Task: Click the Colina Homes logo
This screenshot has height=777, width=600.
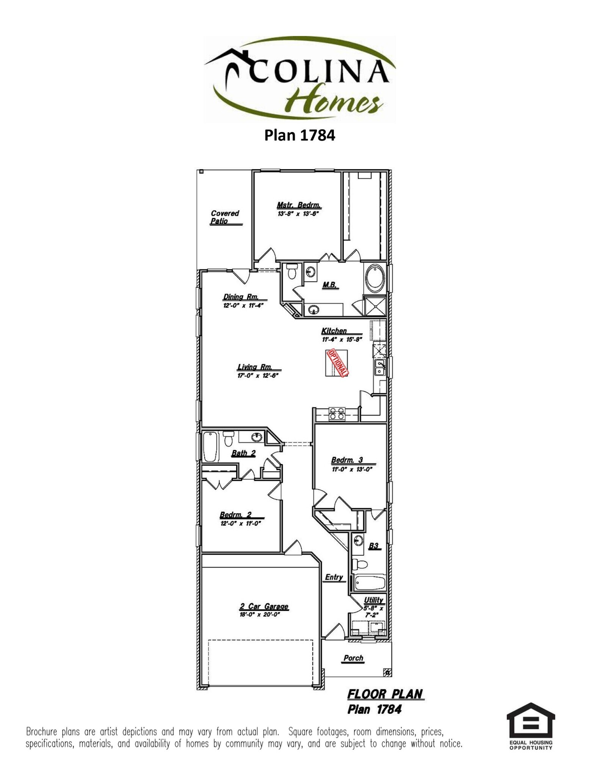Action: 299,79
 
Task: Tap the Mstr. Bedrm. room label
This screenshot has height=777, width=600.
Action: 299,205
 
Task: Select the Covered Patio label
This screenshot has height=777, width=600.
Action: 225,217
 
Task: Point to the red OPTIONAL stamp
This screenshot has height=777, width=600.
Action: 337,363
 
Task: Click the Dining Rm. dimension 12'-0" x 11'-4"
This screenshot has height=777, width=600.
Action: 243,305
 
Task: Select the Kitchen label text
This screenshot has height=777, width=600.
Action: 334,331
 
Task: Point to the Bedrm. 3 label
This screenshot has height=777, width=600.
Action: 347,460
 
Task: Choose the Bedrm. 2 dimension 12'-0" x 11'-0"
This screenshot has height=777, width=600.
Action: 241,524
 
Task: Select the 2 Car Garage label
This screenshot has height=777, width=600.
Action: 264,606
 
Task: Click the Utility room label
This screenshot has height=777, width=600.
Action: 373,600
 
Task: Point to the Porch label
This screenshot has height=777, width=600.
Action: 353,658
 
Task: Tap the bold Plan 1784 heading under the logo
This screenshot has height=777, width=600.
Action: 299,135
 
